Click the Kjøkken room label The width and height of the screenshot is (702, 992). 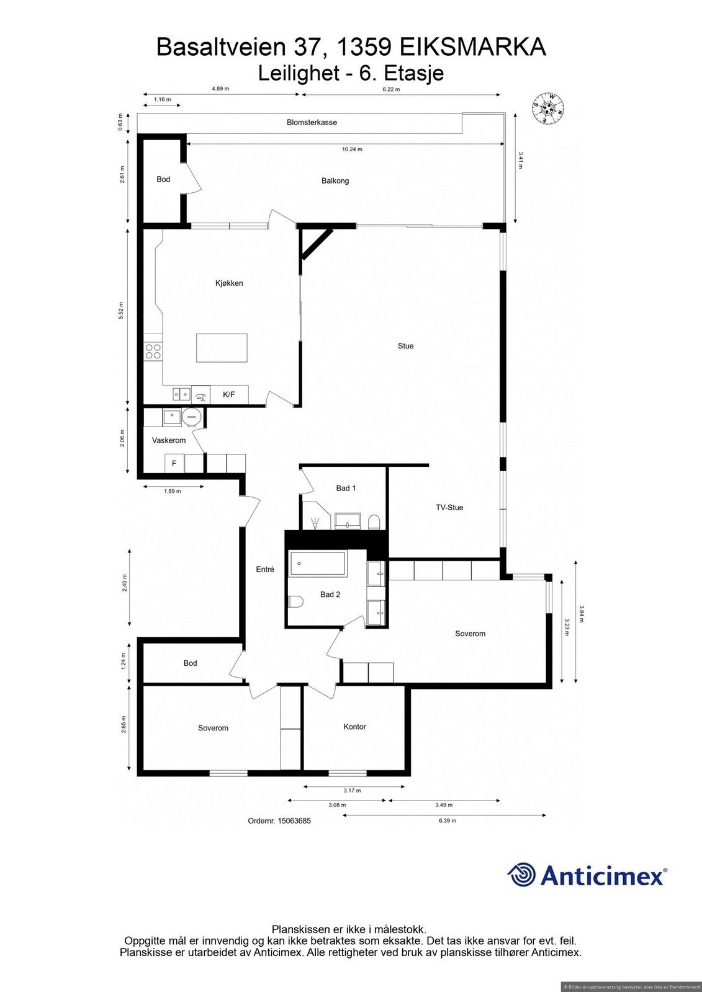229,283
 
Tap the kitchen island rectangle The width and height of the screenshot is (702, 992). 222,348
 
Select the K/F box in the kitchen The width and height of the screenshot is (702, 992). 229,394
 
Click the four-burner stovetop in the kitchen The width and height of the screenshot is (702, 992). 153,352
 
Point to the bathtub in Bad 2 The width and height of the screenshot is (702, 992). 317,564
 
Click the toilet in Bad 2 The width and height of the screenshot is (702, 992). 296,601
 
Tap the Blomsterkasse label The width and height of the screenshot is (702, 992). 312,122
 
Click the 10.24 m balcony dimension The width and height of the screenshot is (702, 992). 352,149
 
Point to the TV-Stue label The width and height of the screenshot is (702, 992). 449,507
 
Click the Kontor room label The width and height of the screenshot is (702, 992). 354,727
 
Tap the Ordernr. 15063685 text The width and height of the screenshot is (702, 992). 279,820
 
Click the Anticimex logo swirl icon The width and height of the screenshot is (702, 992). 521,875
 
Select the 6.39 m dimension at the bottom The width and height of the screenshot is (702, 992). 448,820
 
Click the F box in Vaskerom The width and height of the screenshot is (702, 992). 174,463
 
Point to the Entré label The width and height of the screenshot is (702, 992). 265,569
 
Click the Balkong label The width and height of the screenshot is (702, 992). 335,181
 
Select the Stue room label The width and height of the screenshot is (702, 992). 405,346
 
